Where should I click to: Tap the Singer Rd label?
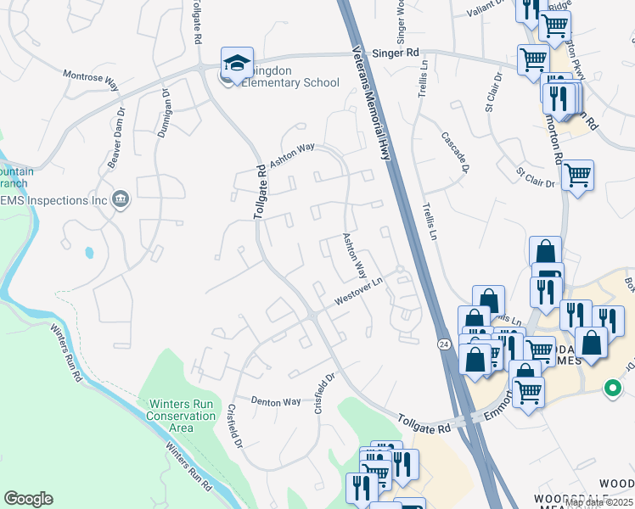(x=401, y=53)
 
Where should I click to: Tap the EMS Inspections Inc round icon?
(x=121, y=199)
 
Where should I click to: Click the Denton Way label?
(x=276, y=401)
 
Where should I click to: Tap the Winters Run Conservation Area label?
(x=181, y=416)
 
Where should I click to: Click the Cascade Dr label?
(x=454, y=151)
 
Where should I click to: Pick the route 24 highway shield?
(x=444, y=344)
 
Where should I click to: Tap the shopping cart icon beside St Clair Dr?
(x=577, y=176)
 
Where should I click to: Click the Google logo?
(x=28, y=499)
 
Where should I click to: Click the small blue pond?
(x=89, y=252)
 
